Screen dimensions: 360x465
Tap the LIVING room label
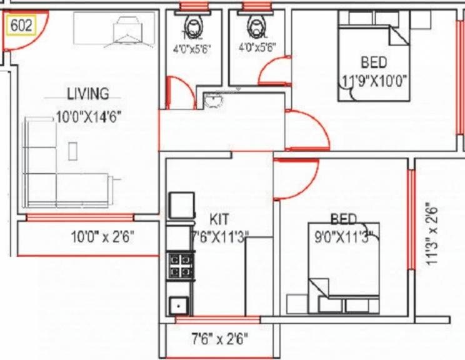tap(87, 94)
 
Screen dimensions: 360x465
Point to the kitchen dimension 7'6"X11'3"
tap(221, 236)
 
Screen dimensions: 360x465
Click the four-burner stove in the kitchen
tap(179, 265)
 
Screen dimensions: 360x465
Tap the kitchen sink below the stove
tap(179, 306)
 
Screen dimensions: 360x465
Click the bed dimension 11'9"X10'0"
tap(374, 80)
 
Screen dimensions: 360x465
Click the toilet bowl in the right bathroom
tap(255, 25)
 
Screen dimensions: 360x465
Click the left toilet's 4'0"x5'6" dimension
tap(189, 47)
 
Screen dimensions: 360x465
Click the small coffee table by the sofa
tap(73, 151)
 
